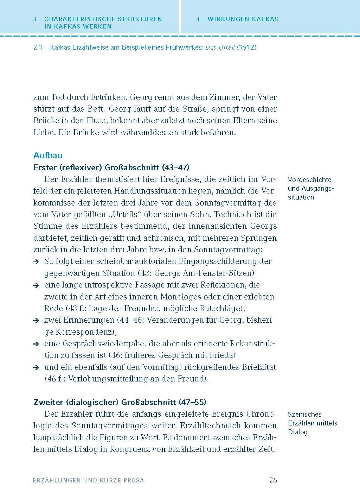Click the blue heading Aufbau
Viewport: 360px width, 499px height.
48,156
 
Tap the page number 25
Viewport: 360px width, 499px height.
273,480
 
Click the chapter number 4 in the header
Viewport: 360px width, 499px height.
198,19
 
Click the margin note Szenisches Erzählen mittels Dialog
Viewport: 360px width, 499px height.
312,423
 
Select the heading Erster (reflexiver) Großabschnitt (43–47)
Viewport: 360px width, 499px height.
111,167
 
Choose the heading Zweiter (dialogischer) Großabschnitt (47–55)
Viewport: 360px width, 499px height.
120,402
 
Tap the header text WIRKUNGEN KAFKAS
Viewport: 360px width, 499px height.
243,19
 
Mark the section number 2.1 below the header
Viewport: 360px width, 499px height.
38,47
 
